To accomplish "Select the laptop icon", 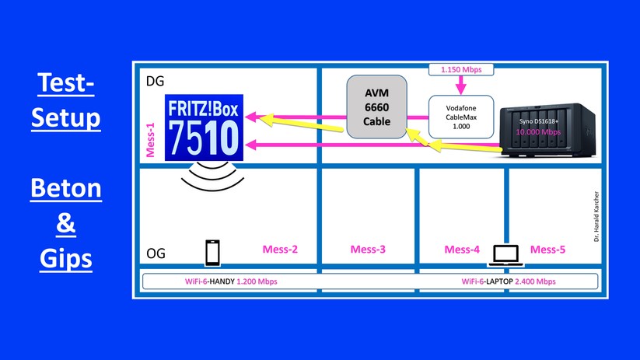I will point(505,252).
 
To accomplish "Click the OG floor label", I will point(156,253).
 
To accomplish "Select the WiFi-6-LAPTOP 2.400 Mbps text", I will point(508,280).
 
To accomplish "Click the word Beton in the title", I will point(65,190).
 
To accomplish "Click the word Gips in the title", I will point(66,258).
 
